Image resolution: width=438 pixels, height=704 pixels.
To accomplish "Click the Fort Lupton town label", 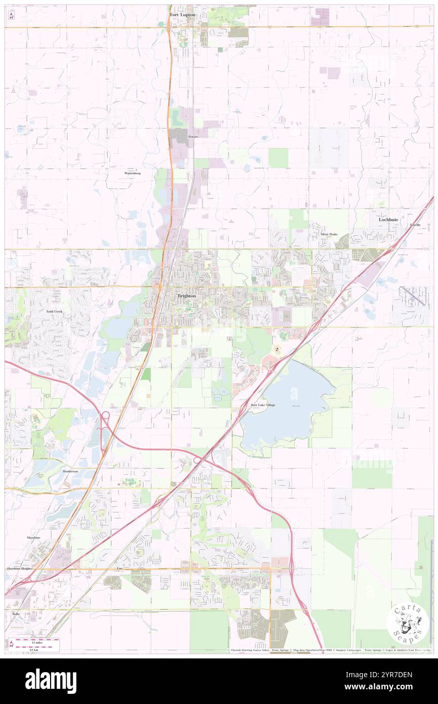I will click(x=182, y=15).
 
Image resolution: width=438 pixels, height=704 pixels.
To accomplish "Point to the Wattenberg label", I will click(x=132, y=173).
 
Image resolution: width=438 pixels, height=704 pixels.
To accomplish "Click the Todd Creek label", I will click(x=54, y=311).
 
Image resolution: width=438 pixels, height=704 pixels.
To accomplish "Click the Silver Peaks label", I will click(x=329, y=234).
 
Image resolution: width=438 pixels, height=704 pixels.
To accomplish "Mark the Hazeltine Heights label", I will click(x=20, y=569).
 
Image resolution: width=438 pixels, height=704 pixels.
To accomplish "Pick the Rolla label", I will click(x=16, y=613).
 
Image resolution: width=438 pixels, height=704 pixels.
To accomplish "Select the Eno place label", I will click(x=120, y=569).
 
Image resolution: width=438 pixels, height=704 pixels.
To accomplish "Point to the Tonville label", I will click(x=415, y=225).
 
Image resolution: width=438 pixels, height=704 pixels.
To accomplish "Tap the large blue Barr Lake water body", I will click(x=288, y=405).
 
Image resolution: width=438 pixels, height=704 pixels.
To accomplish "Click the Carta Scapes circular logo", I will click(x=408, y=623).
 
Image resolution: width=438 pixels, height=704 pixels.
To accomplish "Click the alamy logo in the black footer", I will click(x=51, y=681).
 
